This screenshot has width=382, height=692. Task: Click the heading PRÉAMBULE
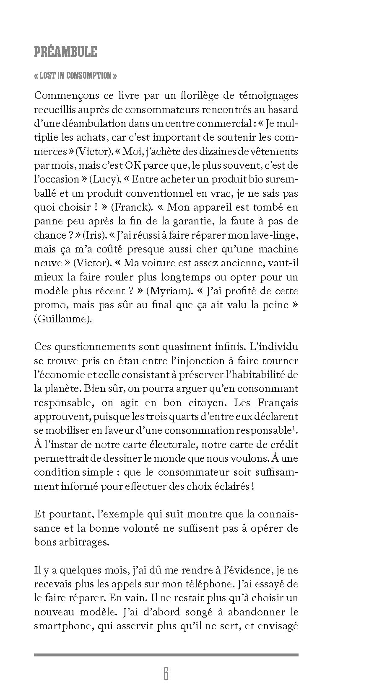65,52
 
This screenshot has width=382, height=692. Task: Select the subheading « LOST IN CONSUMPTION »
75,76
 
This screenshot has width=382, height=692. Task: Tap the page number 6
166,674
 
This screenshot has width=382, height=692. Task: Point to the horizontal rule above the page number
166,654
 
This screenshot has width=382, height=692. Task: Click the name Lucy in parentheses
101,179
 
